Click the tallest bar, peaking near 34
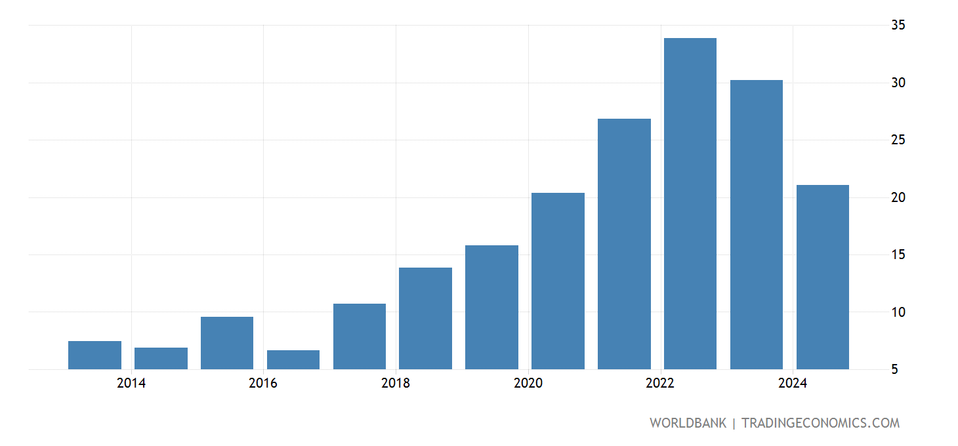coord(690,203)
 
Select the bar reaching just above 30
coord(757,224)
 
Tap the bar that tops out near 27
coord(624,243)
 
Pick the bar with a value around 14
coord(425,318)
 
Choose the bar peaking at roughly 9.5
coord(227,343)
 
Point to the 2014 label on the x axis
coord(131,384)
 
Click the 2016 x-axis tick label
coord(263,384)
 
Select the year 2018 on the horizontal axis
coord(396,384)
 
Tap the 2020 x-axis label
coord(528,384)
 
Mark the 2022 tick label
coord(660,384)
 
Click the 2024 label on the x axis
coord(793,384)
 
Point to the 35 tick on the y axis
coord(898,26)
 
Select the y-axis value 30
coord(898,83)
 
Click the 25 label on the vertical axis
coord(898,140)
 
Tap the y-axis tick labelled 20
coord(898,197)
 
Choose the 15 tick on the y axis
coord(898,254)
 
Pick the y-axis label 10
coord(898,312)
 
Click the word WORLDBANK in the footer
coord(688,423)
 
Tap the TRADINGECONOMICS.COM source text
coord(820,423)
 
